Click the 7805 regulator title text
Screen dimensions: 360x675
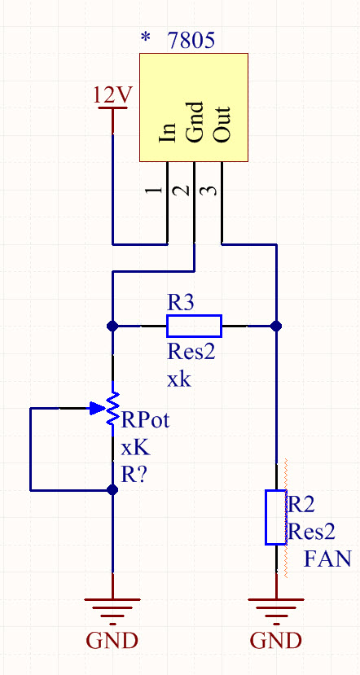191,42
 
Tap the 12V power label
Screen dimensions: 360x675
113,95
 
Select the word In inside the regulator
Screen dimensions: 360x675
168,132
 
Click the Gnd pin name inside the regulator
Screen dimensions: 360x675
194,122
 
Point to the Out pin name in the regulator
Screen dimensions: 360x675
222,124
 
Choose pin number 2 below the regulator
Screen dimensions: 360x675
185,190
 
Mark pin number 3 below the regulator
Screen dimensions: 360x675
212,190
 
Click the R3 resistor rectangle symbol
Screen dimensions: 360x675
194,326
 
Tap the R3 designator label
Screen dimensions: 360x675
181,304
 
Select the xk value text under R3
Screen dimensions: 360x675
178,380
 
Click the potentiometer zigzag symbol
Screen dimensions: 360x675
113,408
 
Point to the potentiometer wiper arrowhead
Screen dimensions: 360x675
96,408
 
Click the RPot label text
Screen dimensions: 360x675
145,419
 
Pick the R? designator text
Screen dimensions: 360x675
134,475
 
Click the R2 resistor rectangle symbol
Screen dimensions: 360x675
276,517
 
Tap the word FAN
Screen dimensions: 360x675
327,559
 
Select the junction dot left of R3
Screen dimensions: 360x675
112,326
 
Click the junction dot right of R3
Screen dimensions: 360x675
276,326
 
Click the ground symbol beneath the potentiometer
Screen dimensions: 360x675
112,611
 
